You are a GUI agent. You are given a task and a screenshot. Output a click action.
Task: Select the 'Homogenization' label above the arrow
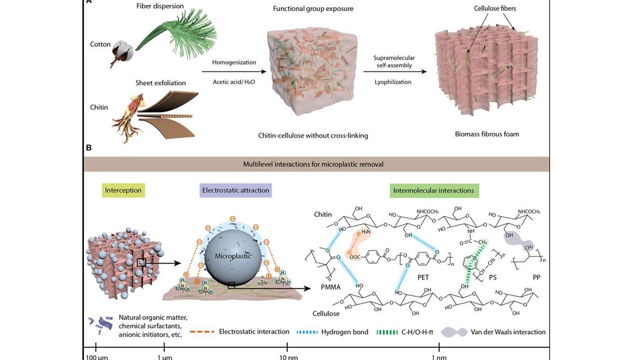pyautogui.click(x=234, y=62)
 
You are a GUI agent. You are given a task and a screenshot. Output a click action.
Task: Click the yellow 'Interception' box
pyautogui.click(x=123, y=190)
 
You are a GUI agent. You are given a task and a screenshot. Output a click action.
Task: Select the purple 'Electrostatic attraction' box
pyautogui.click(x=234, y=190)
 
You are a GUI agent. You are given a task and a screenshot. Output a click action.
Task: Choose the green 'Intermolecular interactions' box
pyautogui.click(x=434, y=190)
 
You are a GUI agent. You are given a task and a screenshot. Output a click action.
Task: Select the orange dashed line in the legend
pyautogui.click(x=202, y=332)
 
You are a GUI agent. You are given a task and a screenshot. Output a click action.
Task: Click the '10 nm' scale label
pyautogui.click(x=288, y=356)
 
